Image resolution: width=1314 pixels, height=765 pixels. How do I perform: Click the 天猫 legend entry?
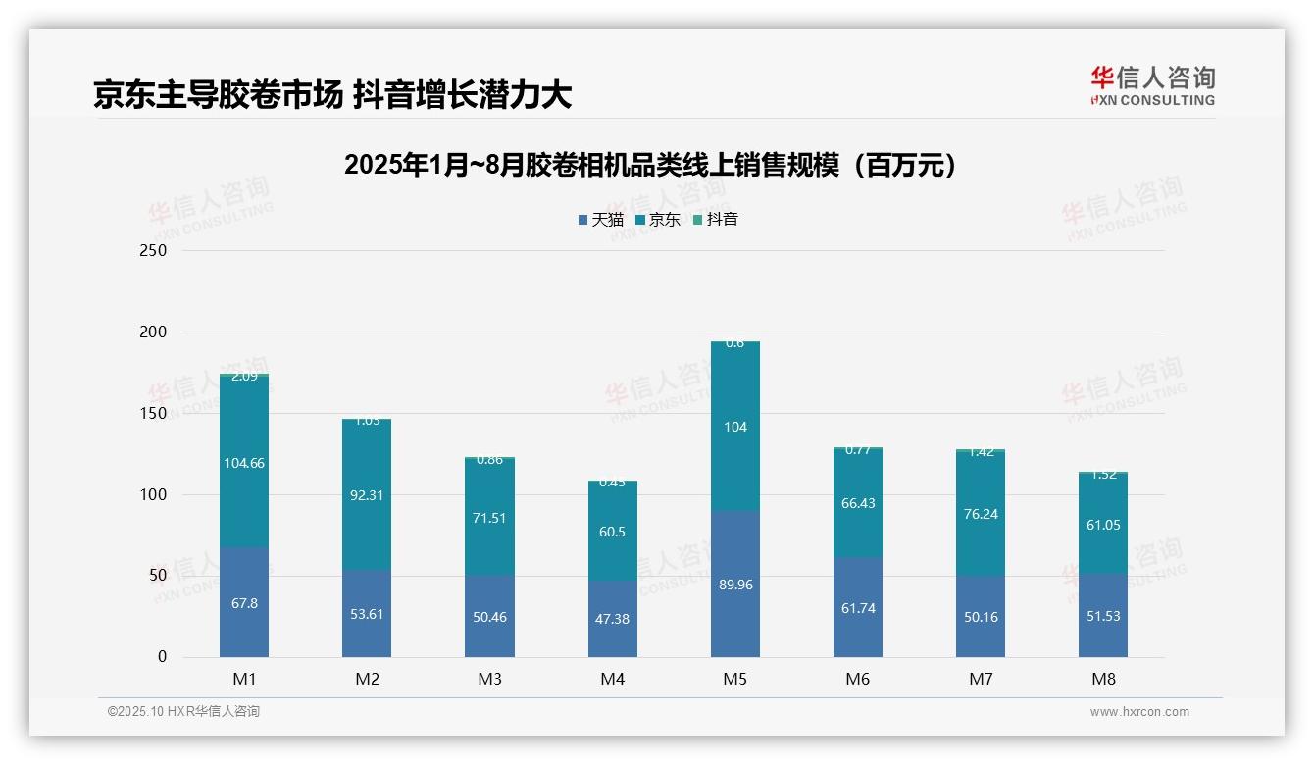[601, 220]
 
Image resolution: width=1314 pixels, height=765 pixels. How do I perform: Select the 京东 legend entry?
[658, 220]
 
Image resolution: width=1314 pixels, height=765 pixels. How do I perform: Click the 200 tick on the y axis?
[154, 332]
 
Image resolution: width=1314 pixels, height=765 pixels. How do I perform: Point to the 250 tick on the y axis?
[154, 251]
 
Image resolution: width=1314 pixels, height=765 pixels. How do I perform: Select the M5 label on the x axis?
[734, 679]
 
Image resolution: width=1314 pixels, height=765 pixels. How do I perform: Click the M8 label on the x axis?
[1102, 679]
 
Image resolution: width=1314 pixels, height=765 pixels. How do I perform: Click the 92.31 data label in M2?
[367, 495]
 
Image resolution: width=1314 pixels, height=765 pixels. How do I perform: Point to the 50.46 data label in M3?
[489, 617]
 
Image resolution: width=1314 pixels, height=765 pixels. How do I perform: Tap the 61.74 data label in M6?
[857, 608]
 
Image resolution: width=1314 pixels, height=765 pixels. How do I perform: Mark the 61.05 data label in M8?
[1102, 525]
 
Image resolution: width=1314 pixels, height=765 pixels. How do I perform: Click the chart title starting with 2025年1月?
[650, 166]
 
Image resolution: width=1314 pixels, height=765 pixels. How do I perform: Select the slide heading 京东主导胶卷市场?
[332, 95]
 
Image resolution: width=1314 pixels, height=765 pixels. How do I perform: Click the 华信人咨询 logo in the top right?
[1152, 85]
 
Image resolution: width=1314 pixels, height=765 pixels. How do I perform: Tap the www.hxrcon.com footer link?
[1138, 712]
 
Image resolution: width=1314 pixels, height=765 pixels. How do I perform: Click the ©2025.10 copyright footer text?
[183, 712]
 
